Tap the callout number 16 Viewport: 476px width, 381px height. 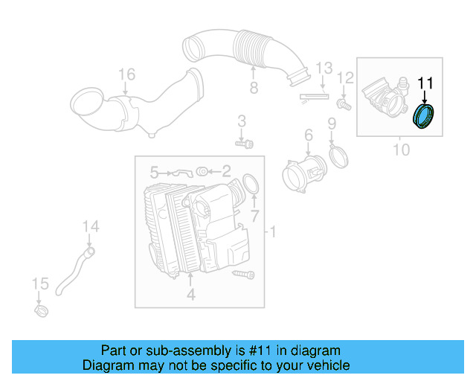pyautogui.click(x=126, y=74)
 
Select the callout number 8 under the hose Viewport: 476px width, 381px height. pyautogui.click(x=253, y=89)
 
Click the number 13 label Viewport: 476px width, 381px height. pyautogui.click(x=322, y=68)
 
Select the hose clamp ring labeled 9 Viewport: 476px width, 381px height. pyautogui.click(x=338, y=155)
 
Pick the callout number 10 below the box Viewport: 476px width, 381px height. pyautogui.click(x=400, y=150)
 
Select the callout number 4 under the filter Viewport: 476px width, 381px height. pyautogui.click(x=190, y=295)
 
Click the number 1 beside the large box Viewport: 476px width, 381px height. pyautogui.click(x=271, y=233)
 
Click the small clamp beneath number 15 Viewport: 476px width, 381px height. pyautogui.click(x=42, y=308)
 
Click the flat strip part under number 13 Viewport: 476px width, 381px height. pyautogui.click(x=313, y=96)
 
